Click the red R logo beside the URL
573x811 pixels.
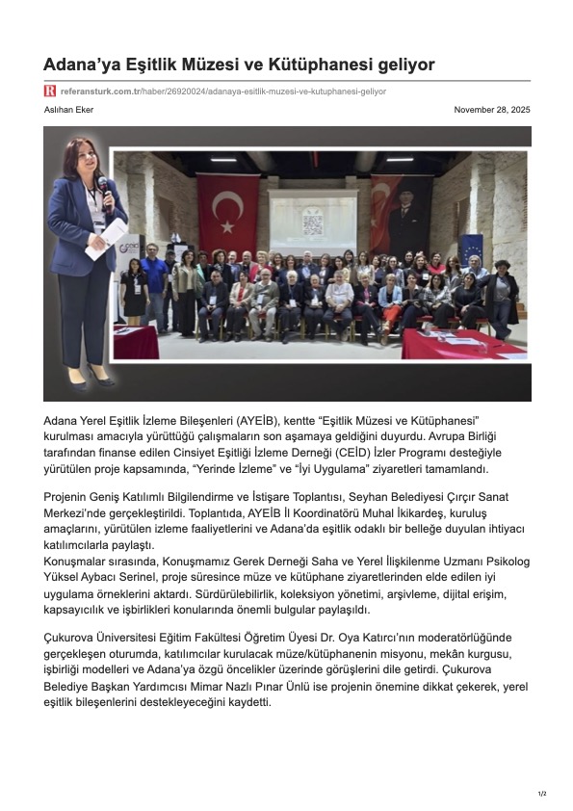[x=49, y=92]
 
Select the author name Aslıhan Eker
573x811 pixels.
[x=65, y=110]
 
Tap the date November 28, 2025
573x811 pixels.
[x=492, y=110]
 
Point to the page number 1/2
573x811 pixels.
[x=542, y=793]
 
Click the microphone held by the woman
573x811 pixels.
[x=102, y=185]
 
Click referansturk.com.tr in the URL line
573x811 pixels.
[x=100, y=92]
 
